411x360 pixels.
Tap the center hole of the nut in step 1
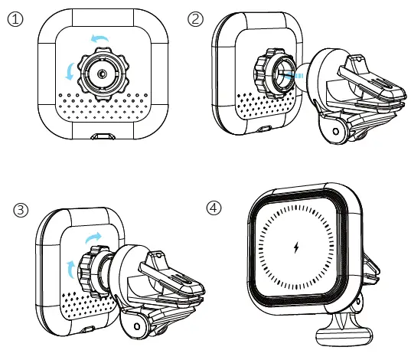coord(102,74)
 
